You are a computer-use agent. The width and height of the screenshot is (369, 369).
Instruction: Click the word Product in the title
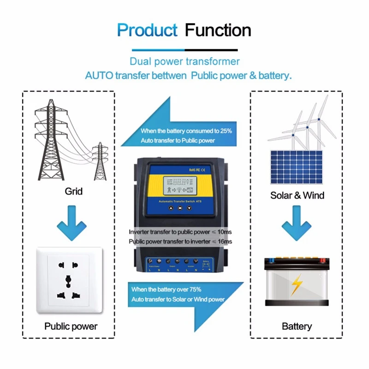(147, 30)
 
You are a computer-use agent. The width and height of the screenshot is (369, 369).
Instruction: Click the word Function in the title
(218, 30)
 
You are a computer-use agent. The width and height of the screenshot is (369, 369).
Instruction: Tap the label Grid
(74, 190)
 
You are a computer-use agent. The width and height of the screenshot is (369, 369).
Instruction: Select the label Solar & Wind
(297, 195)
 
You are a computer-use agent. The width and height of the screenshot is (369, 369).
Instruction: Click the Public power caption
(71, 326)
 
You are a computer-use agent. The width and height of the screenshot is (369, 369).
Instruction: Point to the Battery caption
(297, 326)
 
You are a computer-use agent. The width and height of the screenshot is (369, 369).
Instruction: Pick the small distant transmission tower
(100, 161)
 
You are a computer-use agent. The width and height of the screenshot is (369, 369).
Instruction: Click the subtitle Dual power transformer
(184, 61)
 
